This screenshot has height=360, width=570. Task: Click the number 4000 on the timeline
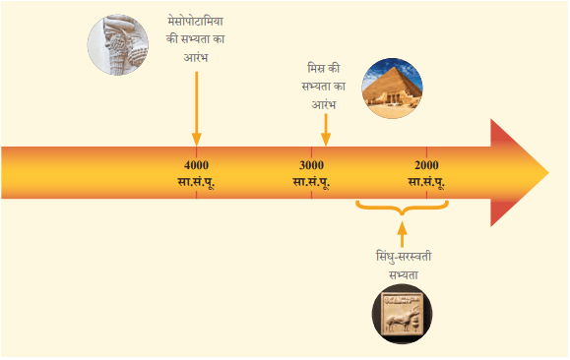196,165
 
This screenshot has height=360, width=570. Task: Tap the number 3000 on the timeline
311,165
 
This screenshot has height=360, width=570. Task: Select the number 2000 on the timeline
426,165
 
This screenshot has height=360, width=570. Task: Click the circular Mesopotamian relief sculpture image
118,45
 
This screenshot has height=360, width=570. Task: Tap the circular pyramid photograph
392,89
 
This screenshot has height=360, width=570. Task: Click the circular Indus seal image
402,314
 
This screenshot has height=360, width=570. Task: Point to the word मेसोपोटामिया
196,21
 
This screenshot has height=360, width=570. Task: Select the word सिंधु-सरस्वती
404,257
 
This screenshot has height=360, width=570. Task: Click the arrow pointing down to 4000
196,108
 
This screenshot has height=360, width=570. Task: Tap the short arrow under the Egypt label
326,130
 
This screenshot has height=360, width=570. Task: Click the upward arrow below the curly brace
402,234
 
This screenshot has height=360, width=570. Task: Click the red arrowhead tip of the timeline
548,172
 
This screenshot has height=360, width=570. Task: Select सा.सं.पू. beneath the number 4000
196,182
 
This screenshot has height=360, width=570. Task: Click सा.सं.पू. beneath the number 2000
426,182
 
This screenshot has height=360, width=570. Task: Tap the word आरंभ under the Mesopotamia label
196,57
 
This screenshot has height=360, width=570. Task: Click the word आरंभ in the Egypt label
324,104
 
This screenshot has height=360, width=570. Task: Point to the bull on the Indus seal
402,319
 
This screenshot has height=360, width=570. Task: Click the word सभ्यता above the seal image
404,275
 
